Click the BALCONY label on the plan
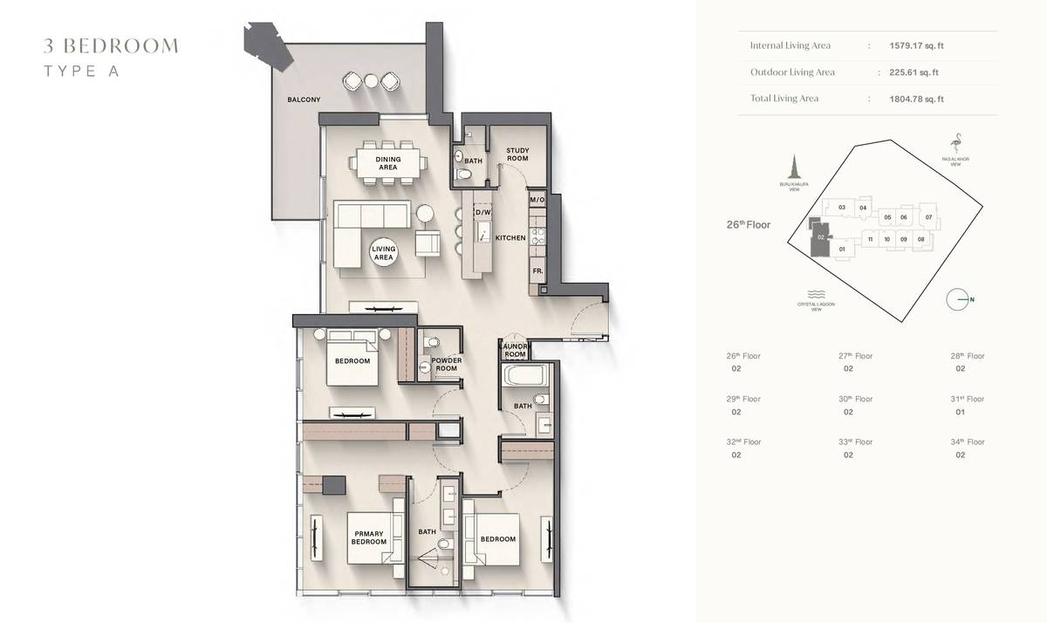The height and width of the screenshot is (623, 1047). (x=304, y=100)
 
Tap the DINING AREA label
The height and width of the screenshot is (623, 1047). (x=387, y=162)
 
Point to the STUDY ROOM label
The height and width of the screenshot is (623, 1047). (x=517, y=154)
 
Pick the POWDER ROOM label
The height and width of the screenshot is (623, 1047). (x=447, y=364)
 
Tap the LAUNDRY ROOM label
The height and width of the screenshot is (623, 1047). (x=515, y=351)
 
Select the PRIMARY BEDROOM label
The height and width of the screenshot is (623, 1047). (x=369, y=537)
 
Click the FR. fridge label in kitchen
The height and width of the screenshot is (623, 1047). (x=537, y=271)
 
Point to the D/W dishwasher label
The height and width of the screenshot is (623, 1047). (x=482, y=212)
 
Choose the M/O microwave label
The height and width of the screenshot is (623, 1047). (x=537, y=201)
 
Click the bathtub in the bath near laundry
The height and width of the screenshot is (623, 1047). (x=525, y=378)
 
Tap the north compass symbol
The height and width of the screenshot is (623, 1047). (x=959, y=300)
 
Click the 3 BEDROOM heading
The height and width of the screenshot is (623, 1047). (x=111, y=46)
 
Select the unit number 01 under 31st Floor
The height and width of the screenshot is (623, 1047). (x=960, y=412)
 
